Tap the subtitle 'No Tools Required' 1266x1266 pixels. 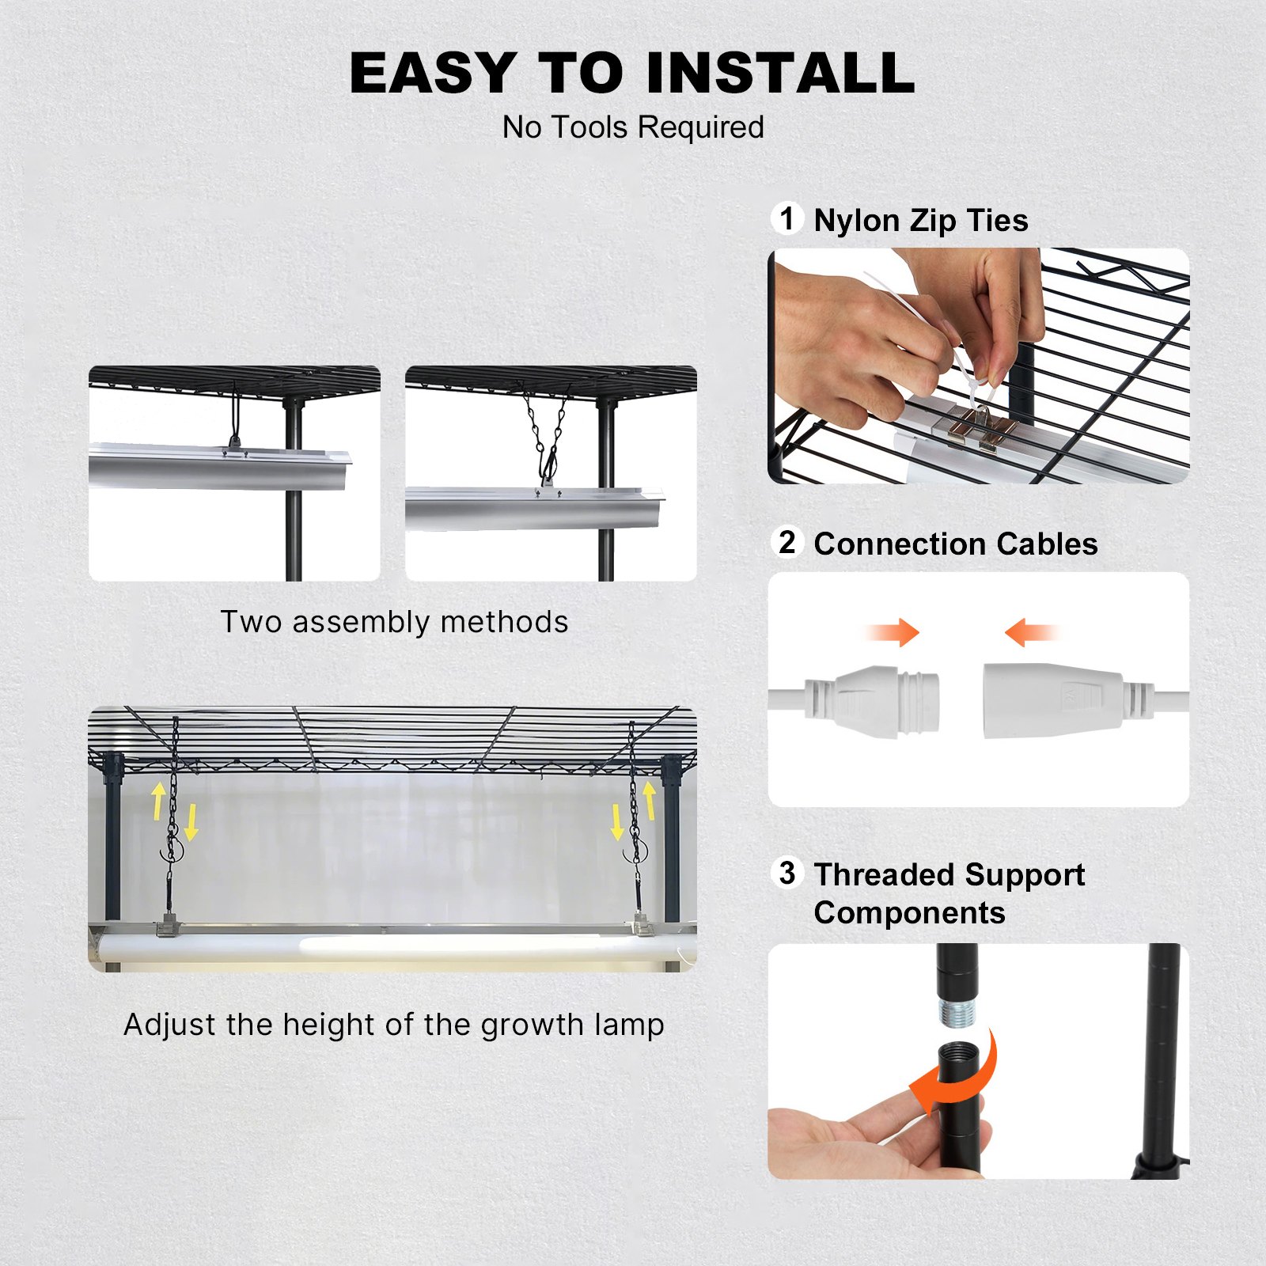click(x=633, y=127)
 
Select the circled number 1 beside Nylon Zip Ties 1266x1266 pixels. click(x=787, y=218)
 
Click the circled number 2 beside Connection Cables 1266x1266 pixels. click(x=787, y=542)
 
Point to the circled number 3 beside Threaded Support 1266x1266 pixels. click(x=787, y=873)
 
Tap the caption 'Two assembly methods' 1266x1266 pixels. click(x=394, y=622)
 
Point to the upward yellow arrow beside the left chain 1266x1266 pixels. click(x=159, y=800)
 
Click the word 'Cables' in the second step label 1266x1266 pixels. click(x=1047, y=544)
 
